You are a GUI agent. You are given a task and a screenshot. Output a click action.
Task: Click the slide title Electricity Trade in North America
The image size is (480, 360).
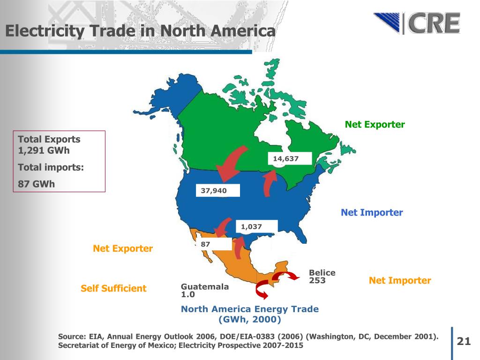coord(140,31)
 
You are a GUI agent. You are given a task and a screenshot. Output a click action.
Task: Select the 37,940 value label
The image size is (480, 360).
coord(217,191)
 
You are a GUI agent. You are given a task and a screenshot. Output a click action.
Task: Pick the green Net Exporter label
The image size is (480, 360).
coord(375,125)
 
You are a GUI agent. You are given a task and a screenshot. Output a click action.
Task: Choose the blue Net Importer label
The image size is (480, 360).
coord(372,213)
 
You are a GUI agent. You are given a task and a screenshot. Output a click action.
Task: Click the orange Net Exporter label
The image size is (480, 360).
coord(123,248)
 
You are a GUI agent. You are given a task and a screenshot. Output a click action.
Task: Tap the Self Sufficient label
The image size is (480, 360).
coord(113,288)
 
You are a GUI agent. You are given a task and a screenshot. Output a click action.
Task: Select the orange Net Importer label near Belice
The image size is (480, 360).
coord(399,281)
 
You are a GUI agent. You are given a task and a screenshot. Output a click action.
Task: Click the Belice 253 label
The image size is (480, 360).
coord(322,277)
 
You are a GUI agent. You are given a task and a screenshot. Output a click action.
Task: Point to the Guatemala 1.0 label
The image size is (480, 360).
coord(204,291)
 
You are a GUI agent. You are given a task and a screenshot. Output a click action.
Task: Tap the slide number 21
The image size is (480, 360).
coord(463,341)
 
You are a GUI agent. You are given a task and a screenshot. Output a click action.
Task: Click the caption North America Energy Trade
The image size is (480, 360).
coord(249,309)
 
